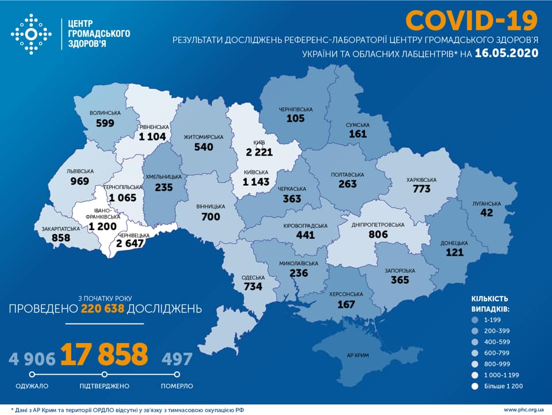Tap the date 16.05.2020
click(507, 54)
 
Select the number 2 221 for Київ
click(259, 151)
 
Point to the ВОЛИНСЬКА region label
click(105, 113)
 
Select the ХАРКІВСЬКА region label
click(421, 180)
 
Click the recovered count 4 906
click(32, 359)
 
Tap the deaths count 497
click(177, 359)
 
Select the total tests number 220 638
click(102, 309)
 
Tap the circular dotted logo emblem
click(31, 35)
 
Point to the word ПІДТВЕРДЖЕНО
click(104, 386)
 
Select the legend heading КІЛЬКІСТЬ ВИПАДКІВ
click(489, 304)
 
